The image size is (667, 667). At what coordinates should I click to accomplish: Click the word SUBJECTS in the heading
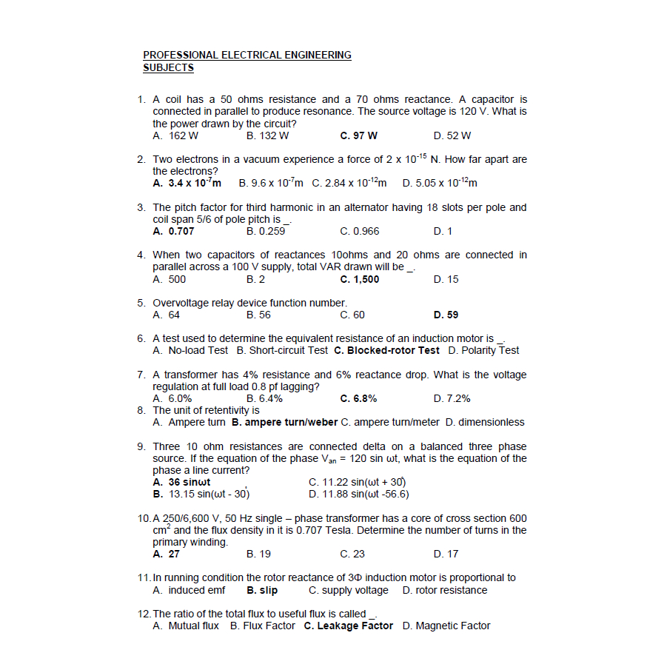pos(168,68)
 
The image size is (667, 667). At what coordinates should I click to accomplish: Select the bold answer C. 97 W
pos(358,136)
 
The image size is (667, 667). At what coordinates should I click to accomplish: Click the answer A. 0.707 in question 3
pos(173,232)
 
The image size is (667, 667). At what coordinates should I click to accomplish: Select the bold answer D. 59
pos(446,315)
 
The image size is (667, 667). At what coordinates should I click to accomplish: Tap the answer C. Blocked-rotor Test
pos(386,351)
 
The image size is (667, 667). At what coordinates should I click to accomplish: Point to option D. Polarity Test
pos(483,351)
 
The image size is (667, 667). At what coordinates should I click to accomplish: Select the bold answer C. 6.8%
pos(358,399)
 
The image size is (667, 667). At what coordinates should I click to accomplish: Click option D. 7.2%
pos(452,399)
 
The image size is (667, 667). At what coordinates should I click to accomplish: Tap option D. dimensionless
pos(484,423)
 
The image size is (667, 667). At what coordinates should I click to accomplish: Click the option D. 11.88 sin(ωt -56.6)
pos(358,495)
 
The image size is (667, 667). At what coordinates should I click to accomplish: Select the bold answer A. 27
pos(166,554)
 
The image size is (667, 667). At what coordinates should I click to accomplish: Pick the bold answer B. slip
pos(262,591)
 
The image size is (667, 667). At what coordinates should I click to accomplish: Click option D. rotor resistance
pos(445,591)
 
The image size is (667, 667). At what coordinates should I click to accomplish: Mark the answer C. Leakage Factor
pos(348,626)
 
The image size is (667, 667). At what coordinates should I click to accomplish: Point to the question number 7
pos(141,375)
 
